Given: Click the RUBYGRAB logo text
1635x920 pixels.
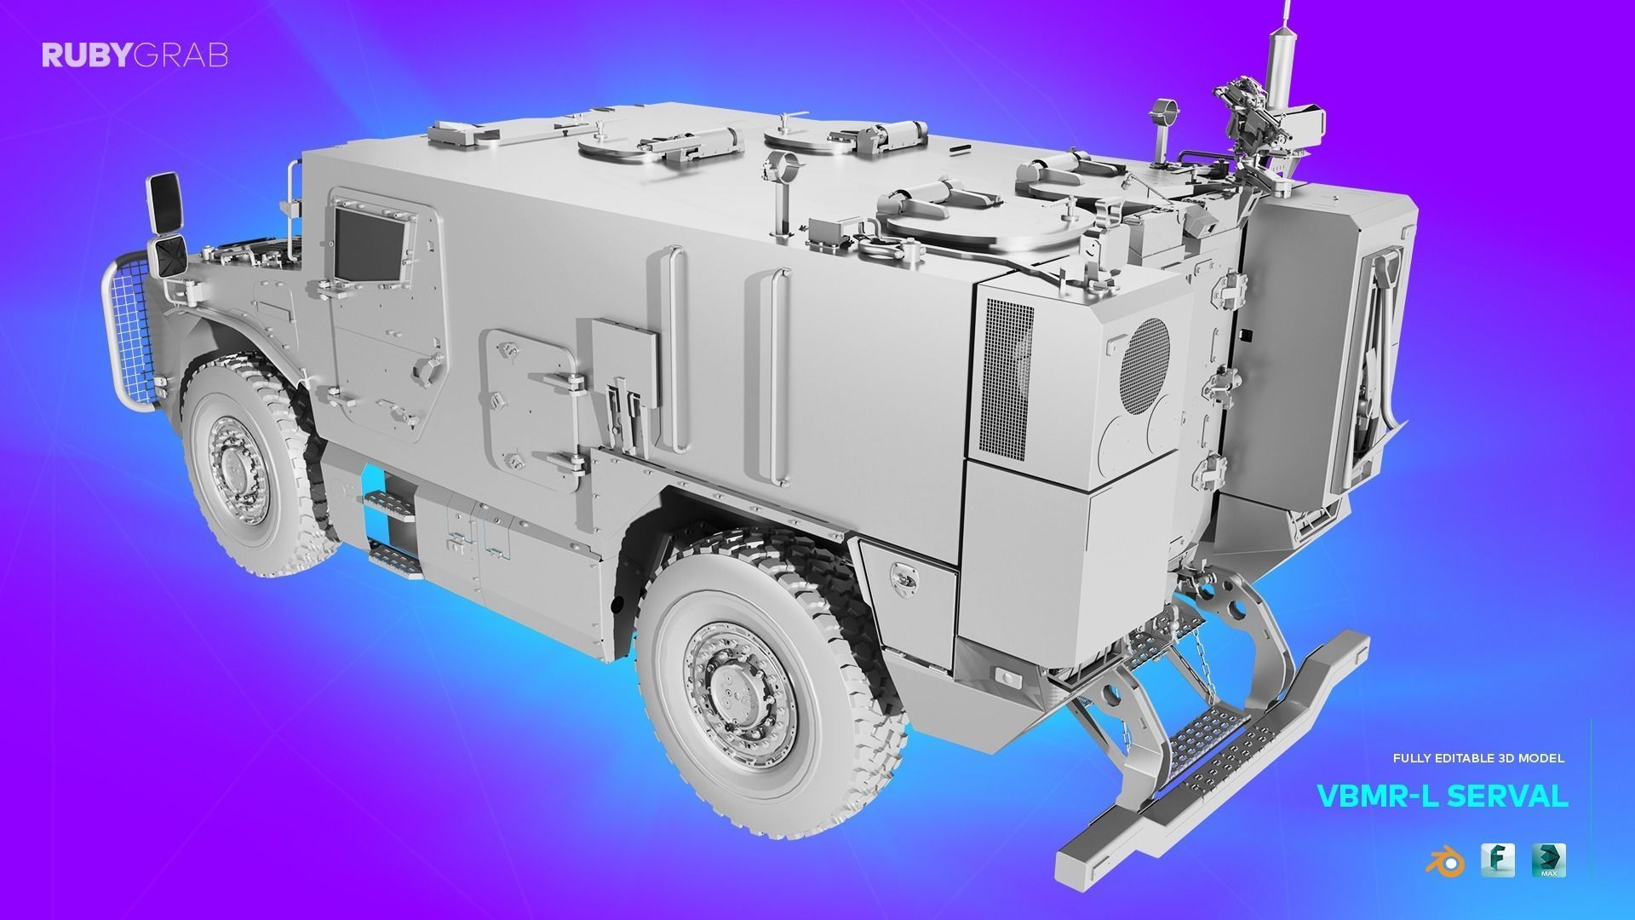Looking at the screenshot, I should [x=135, y=56].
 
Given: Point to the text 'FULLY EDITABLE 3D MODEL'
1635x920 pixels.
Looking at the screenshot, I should [x=1478, y=757].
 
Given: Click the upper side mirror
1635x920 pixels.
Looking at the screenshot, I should [x=163, y=202].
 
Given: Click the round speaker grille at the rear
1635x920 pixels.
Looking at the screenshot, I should [x=1145, y=360].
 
